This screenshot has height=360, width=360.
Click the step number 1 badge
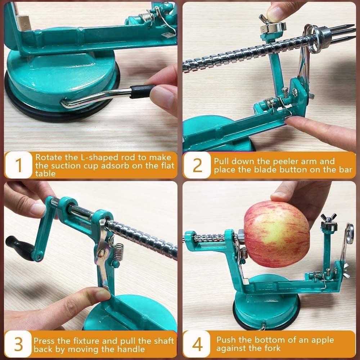pos(19,165)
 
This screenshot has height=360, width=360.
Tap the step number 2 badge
pos(197,165)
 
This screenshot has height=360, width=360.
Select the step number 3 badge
pos(19,345)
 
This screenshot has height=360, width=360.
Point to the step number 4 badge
pos(197,345)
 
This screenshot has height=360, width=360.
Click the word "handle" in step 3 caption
pos(132,349)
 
